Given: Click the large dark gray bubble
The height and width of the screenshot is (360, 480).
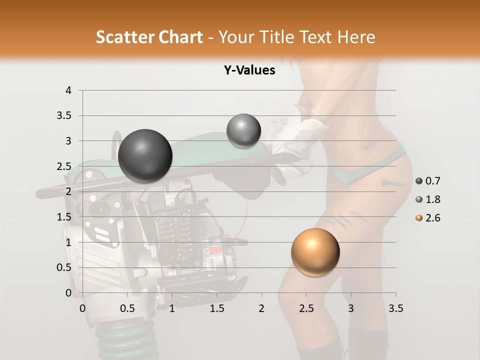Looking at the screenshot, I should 145,156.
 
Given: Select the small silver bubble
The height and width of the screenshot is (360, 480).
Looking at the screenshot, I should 243,131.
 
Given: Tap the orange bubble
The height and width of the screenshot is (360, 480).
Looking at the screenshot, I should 315,252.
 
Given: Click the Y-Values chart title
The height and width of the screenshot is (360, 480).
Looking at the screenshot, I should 249,70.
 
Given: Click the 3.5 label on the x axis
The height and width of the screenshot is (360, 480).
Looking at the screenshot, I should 395,308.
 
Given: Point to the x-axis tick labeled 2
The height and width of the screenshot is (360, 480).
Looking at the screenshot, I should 261,308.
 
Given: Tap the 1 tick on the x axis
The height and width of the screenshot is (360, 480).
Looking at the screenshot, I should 172,308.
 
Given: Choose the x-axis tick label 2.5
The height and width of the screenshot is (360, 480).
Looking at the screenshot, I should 306,308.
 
